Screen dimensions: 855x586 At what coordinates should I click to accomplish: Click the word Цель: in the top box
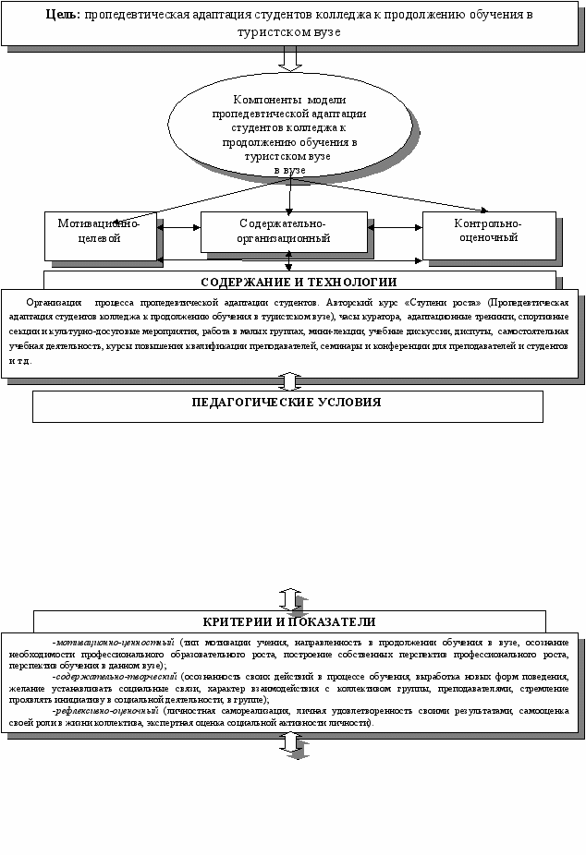tap(62, 16)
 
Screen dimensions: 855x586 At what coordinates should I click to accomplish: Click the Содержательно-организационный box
tap(283, 231)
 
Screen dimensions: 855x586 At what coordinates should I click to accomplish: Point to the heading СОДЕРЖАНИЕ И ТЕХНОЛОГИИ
tap(299, 282)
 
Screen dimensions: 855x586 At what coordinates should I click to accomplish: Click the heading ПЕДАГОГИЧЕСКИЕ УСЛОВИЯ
tap(287, 403)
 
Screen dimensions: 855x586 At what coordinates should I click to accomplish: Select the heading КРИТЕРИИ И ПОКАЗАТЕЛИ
tap(289, 621)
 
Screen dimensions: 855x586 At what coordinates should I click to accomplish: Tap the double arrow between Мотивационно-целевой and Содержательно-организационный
tap(179, 224)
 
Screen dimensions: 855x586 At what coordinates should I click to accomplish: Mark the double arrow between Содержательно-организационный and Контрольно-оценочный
tap(395, 224)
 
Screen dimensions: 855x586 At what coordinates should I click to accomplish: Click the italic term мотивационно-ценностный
tap(115, 641)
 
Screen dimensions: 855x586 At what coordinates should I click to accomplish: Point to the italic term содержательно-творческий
tap(114, 677)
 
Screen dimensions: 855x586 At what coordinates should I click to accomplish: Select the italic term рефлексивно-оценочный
tap(108, 712)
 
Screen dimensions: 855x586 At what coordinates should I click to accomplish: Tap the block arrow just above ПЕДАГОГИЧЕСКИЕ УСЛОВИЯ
tap(290, 380)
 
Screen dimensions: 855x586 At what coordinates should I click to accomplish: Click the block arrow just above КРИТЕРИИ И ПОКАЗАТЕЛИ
tap(290, 597)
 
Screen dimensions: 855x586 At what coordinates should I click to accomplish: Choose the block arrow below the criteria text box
tap(290, 741)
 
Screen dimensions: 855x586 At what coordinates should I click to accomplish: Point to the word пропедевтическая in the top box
tap(146, 16)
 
